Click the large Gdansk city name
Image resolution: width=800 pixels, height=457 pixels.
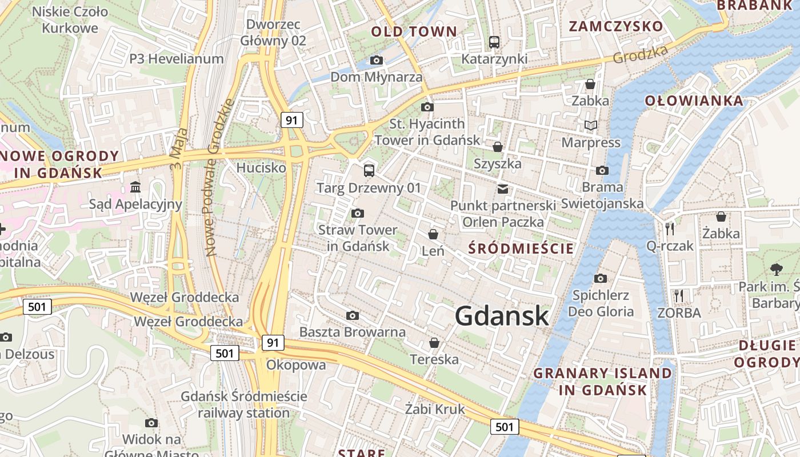click(502, 316)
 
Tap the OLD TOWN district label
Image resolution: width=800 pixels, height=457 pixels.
click(414, 31)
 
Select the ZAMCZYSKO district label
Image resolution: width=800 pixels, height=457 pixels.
click(616, 26)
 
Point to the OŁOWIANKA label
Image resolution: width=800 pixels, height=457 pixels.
click(694, 101)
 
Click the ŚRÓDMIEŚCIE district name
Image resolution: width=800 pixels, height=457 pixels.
click(521, 248)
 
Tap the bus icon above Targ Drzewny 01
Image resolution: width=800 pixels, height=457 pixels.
click(369, 170)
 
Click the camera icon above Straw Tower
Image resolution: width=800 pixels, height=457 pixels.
click(358, 214)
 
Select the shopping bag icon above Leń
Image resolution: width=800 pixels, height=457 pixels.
click(433, 234)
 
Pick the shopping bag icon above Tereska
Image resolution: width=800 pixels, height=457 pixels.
click(434, 343)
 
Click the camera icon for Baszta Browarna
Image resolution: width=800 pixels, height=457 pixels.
click(353, 315)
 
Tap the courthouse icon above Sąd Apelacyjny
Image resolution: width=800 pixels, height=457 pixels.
click(135, 187)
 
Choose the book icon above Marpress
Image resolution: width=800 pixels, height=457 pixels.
click(590, 125)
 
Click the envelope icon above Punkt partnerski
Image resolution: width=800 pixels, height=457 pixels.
click(503, 189)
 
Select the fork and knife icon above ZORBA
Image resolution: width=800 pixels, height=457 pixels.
click(679, 296)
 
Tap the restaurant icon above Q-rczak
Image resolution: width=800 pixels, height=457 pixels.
click(670, 229)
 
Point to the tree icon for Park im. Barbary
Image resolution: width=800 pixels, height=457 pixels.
click(776, 269)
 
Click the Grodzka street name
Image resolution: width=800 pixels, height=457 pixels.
click(640, 55)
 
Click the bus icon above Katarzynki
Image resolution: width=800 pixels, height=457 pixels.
click(494, 42)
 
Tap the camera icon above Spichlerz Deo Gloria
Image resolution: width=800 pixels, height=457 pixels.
click(600, 279)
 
